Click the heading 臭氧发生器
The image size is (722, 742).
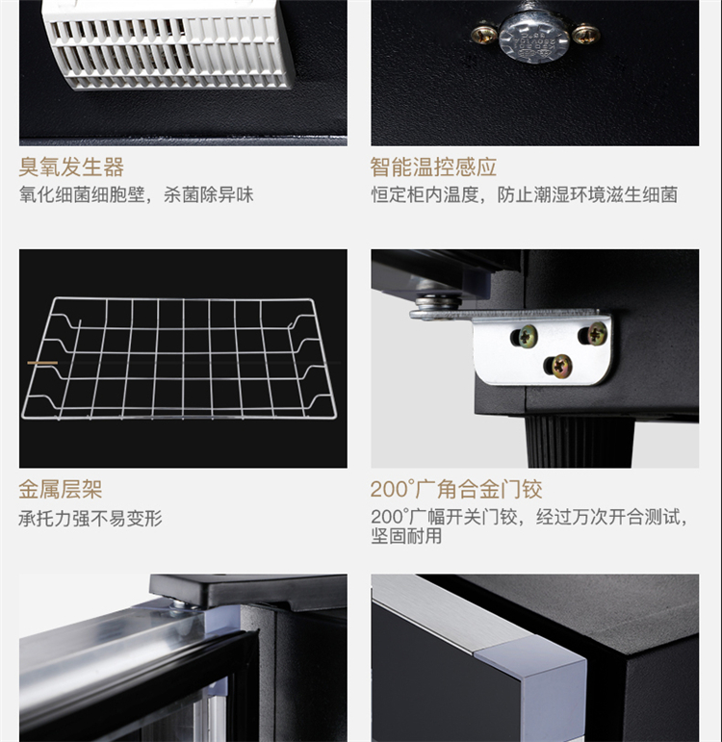71,167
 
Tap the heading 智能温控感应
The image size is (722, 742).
433,167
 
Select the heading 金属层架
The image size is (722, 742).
61,489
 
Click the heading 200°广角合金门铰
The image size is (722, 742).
456,489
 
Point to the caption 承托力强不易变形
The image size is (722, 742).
90,519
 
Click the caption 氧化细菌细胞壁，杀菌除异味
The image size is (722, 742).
137,195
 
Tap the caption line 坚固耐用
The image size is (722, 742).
406,536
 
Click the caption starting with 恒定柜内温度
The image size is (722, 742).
524,195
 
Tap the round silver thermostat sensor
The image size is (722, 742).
534,36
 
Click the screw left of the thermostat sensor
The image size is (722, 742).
483,33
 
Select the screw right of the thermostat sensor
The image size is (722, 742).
585,35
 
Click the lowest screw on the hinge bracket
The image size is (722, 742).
561,365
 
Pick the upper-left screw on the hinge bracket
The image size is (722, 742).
527,336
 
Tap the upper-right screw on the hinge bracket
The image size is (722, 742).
597,333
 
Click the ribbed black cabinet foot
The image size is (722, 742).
579,442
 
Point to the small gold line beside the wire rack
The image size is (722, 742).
42,363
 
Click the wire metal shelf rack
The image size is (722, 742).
180,358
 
